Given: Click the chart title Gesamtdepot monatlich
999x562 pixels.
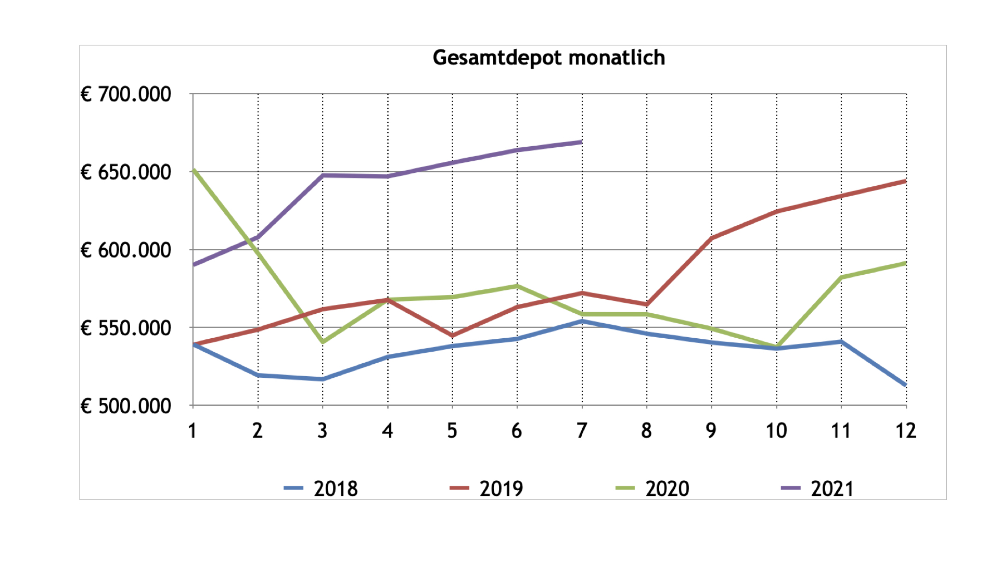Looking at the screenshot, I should click(549, 58).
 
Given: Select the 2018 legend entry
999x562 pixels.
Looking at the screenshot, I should click(336, 489).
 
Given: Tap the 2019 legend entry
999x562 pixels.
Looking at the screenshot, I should click(501, 489).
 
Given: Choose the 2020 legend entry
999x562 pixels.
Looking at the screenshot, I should click(667, 489).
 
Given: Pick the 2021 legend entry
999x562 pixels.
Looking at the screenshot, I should click(832, 489).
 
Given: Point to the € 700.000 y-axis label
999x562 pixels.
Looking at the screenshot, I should click(126, 95).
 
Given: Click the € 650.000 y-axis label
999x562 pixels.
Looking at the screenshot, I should click(126, 172).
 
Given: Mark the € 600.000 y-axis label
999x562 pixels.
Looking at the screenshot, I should click(126, 250).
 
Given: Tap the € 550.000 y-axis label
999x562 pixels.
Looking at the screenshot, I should click(126, 328).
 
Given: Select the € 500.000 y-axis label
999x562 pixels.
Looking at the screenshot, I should click(126, 406).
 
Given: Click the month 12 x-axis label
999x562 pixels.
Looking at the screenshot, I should click(905, 431).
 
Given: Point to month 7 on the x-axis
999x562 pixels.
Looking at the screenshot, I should click(582, 431).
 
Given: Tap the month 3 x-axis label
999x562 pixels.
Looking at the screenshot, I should click(323, 431).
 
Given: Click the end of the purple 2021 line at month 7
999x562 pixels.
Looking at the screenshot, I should click(581, 142).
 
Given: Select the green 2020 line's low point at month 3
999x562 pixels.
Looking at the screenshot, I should click(323, 342).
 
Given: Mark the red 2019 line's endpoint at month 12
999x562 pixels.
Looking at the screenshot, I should click(905, 181).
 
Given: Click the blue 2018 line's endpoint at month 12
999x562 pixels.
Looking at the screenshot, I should click(905, 385).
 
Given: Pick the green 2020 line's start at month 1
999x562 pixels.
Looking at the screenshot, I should click(194, 170).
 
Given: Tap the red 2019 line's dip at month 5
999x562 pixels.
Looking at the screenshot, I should click(452, 336).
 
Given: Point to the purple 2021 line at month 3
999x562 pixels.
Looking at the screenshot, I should click(323, 175).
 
